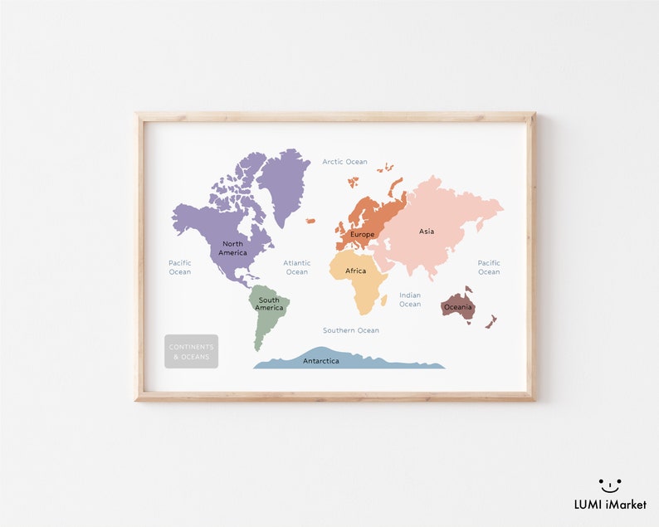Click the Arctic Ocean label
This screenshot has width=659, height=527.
344,162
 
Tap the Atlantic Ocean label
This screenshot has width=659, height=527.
296,267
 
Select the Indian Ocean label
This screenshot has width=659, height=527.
410,300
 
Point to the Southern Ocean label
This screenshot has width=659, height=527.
351,330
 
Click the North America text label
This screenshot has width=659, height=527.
232,248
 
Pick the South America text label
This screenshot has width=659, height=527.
269,304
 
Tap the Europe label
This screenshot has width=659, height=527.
363,234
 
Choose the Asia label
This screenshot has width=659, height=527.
427,232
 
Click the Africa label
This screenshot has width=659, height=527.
355,271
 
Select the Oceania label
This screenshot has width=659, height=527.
457,307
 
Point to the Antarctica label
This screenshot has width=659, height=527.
320,361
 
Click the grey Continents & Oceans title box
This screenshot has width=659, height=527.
191,351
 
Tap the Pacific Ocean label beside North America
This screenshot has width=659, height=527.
180,267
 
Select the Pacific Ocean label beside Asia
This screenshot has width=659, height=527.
489,267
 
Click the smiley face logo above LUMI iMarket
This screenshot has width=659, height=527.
610,484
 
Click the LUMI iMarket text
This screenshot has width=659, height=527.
610,505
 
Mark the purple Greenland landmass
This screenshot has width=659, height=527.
284,183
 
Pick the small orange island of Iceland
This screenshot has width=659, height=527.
310,221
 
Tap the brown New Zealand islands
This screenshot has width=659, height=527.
491,321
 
